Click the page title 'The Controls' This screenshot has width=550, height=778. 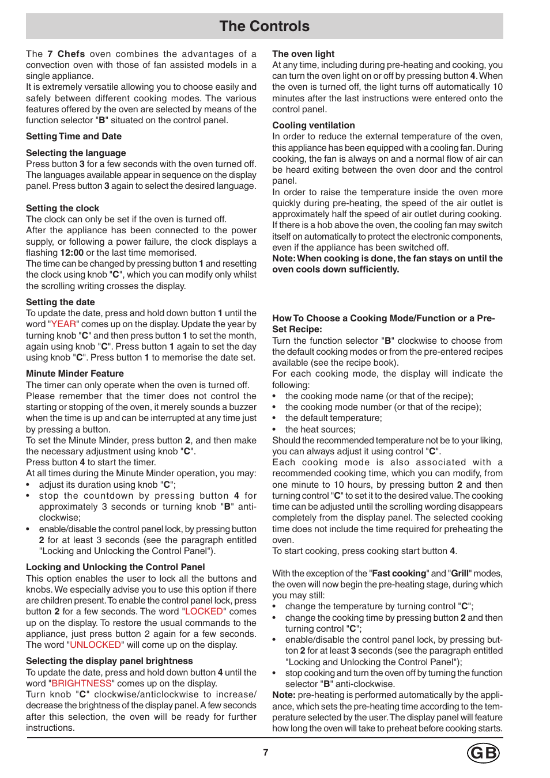click(264, 26)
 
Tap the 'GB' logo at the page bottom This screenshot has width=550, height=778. click(483, 753)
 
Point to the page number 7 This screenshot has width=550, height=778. click(266, 752)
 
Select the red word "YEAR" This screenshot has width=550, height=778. click(63, 324)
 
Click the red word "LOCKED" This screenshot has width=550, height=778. click(204, 612)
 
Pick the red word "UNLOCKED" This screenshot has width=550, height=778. click(95, 645)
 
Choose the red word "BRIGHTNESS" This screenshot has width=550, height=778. click(81, 684)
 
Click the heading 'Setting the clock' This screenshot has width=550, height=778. click(62, 208)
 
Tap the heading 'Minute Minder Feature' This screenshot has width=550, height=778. click(75, 374)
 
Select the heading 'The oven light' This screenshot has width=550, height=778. click(303, 54)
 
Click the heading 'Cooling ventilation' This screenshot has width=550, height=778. click(314, 126)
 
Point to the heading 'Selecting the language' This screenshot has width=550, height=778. click(76, 153)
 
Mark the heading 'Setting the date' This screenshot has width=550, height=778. click(60, 302)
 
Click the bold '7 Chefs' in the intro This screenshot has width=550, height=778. click(66, 54)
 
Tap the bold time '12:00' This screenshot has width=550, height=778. click(72, 253)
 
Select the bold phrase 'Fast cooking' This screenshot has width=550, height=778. click(399, 574)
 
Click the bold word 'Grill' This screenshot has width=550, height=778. click(459, 574)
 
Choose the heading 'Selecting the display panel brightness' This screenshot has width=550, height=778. click(109, 661)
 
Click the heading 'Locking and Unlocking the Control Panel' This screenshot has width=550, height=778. click(115, 567)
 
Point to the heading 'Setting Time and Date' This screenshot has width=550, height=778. click(74, 136)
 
